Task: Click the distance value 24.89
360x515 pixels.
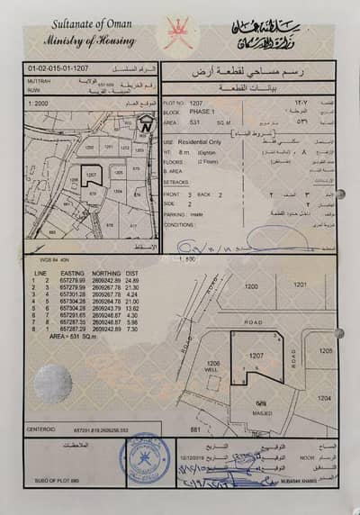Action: pyautogui.click(x=131, y=280)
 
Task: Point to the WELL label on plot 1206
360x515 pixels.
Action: pyautogui.click(x=213, y=369)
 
